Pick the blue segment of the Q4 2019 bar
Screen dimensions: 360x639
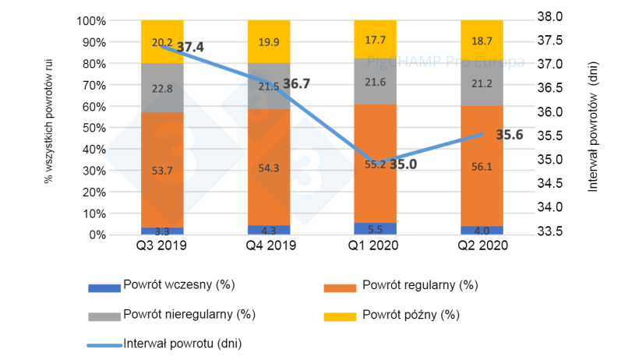pos(269,230)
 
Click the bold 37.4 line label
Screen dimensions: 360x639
pos(190,48)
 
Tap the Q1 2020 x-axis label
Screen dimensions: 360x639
pos(375,248)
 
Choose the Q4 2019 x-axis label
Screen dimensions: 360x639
pos(269,248)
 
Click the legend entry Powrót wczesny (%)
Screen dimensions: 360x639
pos(172,284)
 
